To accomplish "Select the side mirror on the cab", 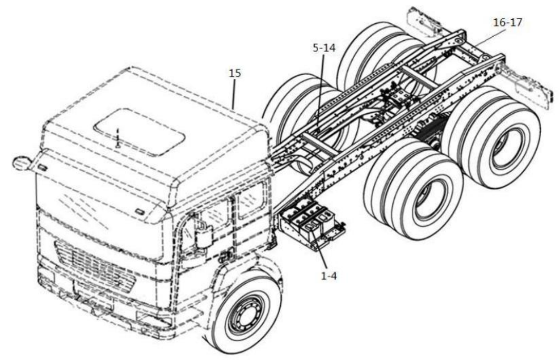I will (x=21, y=163).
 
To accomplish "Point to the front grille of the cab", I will (x=90, y=264).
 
